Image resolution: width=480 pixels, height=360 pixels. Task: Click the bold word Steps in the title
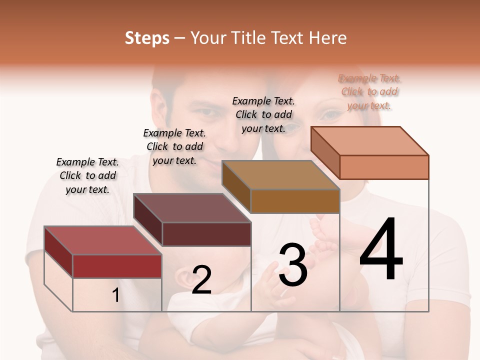coord(147,38)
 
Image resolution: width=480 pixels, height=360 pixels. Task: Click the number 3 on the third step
coord(293,265)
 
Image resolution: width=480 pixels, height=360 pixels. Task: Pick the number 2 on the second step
coord(201,280)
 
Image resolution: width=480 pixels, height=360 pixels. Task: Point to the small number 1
coord(116,295)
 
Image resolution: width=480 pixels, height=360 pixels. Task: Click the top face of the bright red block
coord(102,240)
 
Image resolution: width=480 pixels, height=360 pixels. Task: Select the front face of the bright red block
coord(117,266)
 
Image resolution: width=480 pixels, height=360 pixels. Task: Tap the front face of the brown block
coord(295,201)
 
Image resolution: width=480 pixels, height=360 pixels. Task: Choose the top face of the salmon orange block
coord(370,141)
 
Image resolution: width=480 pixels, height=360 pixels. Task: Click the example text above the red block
coord(87,175)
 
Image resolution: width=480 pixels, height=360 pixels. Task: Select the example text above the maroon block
coord(174,146)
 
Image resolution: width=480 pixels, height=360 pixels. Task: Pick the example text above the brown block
coord(263,114)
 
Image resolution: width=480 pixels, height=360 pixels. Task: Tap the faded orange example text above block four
coord(369,91)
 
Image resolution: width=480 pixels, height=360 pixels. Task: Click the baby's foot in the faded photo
coord(327,235)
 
